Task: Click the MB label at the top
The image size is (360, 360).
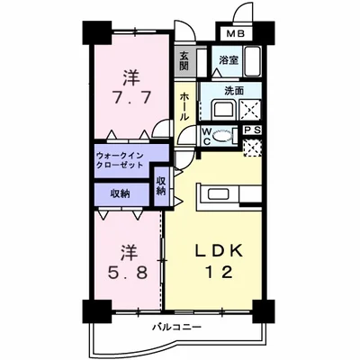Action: click(x=234, y=33)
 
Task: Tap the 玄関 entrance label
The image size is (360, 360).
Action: click(x=184, y=61)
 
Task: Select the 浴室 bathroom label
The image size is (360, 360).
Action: click(x=229, y=61)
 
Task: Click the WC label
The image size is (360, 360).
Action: click(x=206, y=138)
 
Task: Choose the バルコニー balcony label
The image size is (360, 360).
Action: click(x=176, y=326)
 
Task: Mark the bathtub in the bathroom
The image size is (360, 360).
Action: click(x=251, y=64)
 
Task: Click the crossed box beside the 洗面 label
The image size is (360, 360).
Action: click(x=252, y=111)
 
